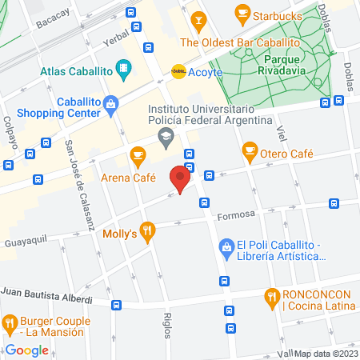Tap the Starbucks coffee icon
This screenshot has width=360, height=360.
(x=241, y=13)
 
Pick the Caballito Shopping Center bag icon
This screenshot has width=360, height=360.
(x=110, y=102)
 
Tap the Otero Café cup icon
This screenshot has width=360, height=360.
(x=250, y=150)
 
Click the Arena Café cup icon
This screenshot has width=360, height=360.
(x=138, y=154)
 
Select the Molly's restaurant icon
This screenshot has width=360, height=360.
(x=147, y=233)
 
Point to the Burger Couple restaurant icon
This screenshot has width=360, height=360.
(x=10, y=323)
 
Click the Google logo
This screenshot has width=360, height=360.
(x=28, y=350)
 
